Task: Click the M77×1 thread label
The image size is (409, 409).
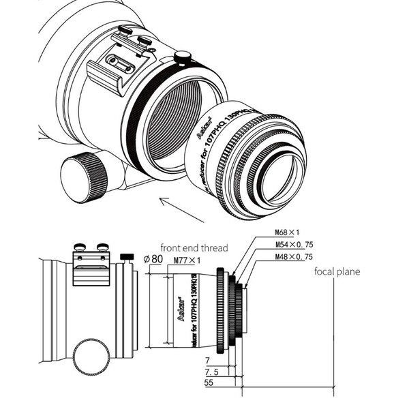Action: pos(187,261)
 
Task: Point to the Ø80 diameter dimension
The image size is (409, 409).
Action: pos(154,259)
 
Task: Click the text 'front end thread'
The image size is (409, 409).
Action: pos(194,247)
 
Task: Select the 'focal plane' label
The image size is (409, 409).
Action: pos(337,271)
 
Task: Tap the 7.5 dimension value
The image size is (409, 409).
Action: pos(213,372)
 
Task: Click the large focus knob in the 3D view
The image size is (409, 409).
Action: pos(85,177)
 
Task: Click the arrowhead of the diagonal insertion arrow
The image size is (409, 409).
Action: pos(162,199)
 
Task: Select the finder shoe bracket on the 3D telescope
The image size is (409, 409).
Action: pos(120,64)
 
